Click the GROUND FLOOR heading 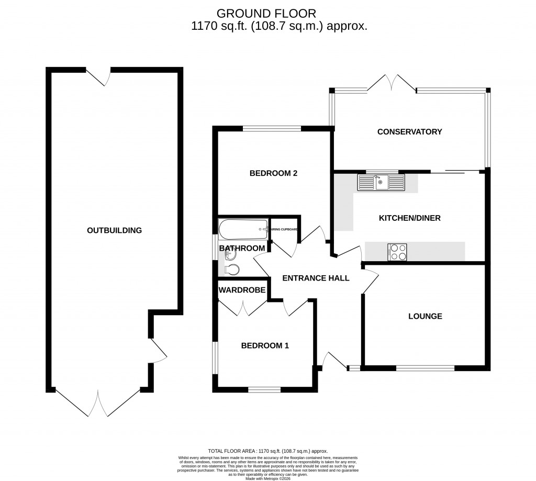(266, 13)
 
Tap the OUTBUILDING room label (115, 230)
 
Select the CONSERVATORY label (409, 132)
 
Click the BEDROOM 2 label (273, 173)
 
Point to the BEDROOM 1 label (265, 345)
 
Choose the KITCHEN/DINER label (409, 218)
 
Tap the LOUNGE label (425, 316)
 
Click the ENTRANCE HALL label (316, 278)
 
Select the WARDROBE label (242, 290)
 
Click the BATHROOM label (242, 248)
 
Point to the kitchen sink (381, 183)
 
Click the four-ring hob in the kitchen (397, 252)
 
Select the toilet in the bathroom (231, 270)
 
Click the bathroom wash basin (230, 255)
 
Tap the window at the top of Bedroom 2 (271, 127)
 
